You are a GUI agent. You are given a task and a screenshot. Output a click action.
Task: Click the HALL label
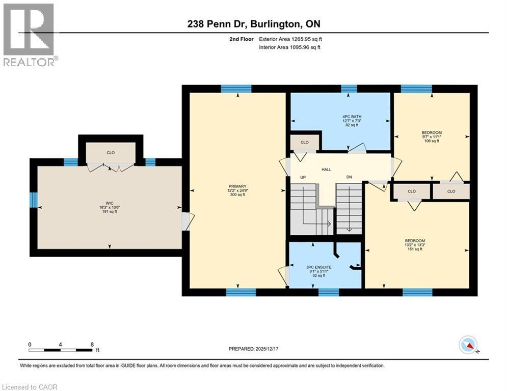[x=327, y=169]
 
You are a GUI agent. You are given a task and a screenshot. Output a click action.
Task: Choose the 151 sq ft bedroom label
[x=415, y=241]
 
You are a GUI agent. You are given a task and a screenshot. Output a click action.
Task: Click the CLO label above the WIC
[x=110, y=152]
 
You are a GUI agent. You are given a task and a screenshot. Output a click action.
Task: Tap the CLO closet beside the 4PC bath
[x=305, y=143]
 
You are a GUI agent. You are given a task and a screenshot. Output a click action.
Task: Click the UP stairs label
[x=302, y=177]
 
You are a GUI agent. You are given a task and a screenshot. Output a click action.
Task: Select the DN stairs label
[x=349, y=177]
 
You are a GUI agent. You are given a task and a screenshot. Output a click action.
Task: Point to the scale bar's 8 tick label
[x=92, y=344]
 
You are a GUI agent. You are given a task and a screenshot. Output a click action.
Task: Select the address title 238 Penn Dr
[x=253, y=23]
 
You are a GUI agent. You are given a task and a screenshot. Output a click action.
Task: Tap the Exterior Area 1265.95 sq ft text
[x=290, y=39]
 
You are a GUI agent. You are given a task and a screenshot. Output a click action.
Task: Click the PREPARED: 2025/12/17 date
[x=253, y=349]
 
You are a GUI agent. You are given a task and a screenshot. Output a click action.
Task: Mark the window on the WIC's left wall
[x=34, y=200]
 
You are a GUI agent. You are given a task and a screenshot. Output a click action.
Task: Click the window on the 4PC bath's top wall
[x=349, y=89]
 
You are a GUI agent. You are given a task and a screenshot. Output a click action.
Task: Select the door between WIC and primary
[x=186, y=221]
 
